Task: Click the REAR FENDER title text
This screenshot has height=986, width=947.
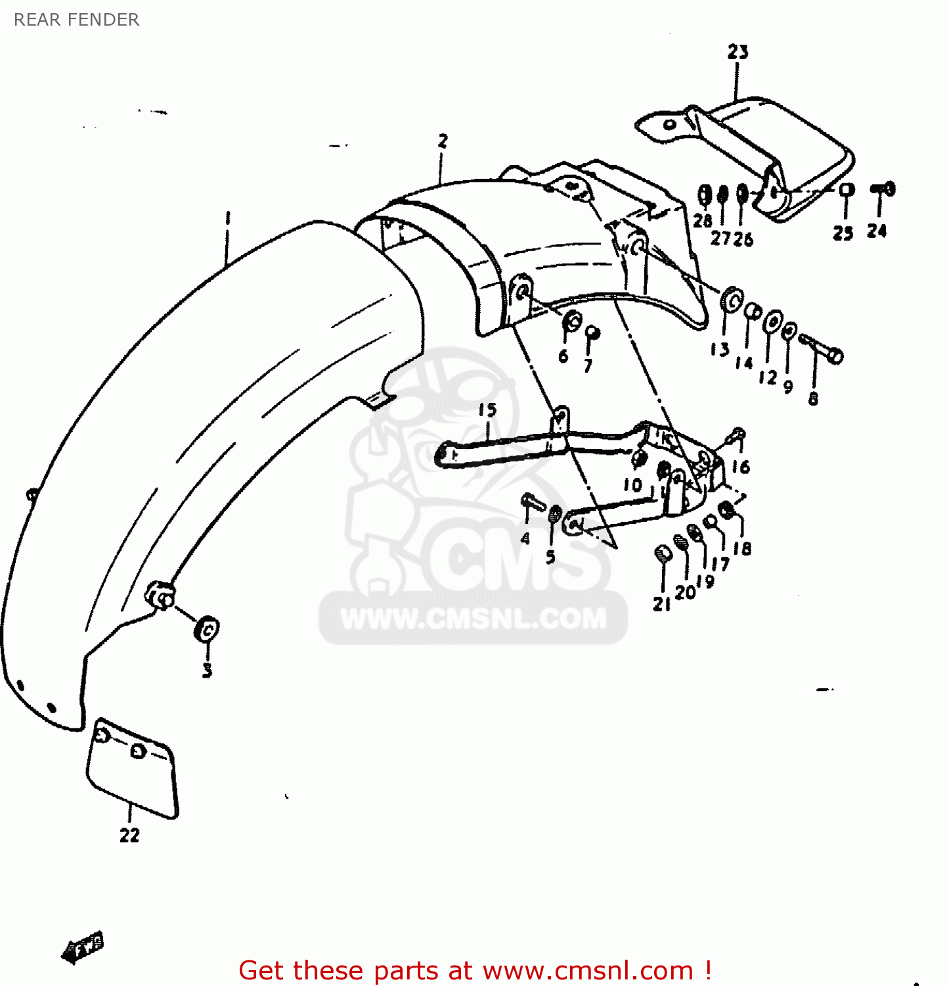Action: [76, 20]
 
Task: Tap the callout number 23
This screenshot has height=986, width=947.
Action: [738, 52]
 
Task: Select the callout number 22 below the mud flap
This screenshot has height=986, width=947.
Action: [129, 835]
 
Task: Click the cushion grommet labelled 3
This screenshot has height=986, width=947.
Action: [206, 630]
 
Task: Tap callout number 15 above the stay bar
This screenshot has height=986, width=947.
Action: [487, 410]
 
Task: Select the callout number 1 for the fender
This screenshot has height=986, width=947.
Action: [228, 218]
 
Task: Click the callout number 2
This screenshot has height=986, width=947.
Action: [443, 141]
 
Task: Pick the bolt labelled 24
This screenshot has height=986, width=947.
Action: [883, 189]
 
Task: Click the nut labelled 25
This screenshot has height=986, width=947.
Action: [847, 190]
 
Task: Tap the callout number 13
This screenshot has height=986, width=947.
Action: [720, 350]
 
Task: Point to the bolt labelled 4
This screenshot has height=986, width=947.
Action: [532, 504]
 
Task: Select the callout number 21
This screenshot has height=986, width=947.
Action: [661, 604]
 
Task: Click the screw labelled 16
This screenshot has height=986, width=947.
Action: [736, 434]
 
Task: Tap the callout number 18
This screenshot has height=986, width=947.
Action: [742, 548]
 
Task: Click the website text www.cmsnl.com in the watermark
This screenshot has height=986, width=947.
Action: [474, 619]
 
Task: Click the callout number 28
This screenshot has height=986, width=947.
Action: [703, 221]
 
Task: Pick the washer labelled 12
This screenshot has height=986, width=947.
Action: [772, 322]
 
